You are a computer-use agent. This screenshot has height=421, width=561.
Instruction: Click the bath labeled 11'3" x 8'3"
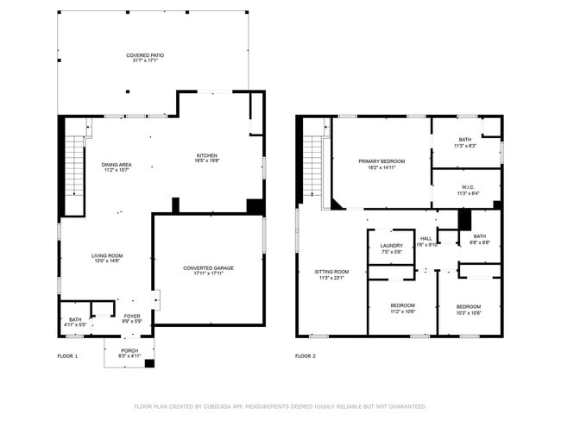coord(465,142)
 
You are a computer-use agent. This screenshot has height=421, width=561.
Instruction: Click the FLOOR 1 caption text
coord(67,356)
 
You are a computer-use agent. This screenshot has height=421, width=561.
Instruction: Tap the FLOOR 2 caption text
coord(306,356)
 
